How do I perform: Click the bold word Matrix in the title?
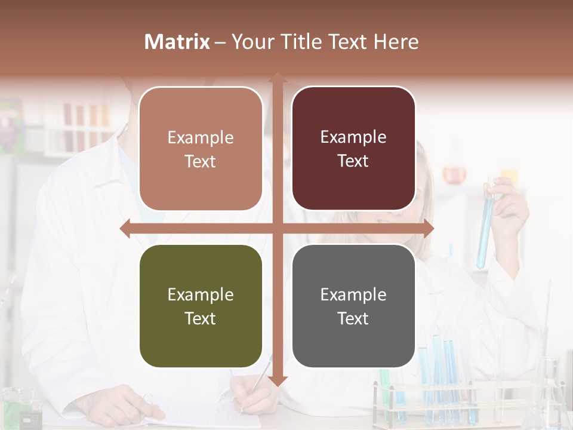coord(177,42)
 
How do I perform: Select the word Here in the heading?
coord(396,42)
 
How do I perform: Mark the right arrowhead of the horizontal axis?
coord(428,228)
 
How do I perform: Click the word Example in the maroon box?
coord(353,137)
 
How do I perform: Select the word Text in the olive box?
coord(201,318)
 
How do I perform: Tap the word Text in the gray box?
coord(353,318)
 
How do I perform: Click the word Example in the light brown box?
coord(201,138)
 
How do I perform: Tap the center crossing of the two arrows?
coord(278,228)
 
